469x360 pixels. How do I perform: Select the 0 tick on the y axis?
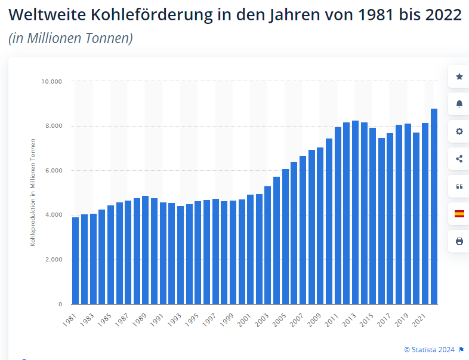tap(60, 304)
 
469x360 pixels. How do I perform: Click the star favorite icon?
tap(459, 76)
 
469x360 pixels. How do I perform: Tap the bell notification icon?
tap(459, 104)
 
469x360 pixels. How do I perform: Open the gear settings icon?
tap(459, 131)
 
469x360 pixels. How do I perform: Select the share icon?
tap(459, 159)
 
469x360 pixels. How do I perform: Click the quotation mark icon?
tap(459, 186)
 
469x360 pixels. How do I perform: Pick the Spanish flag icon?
tap(459, 214)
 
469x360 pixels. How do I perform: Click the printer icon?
tap(459, 241)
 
